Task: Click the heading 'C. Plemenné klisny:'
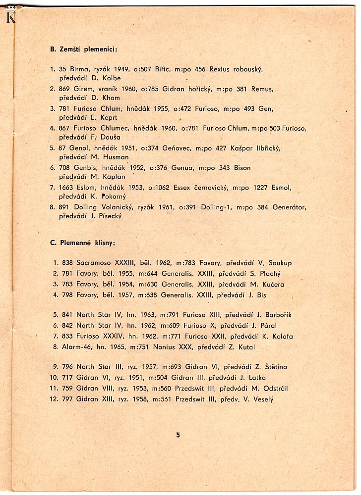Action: (83, 243)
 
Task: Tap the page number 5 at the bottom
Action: (178, 435)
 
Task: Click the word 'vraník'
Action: (110, 89)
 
